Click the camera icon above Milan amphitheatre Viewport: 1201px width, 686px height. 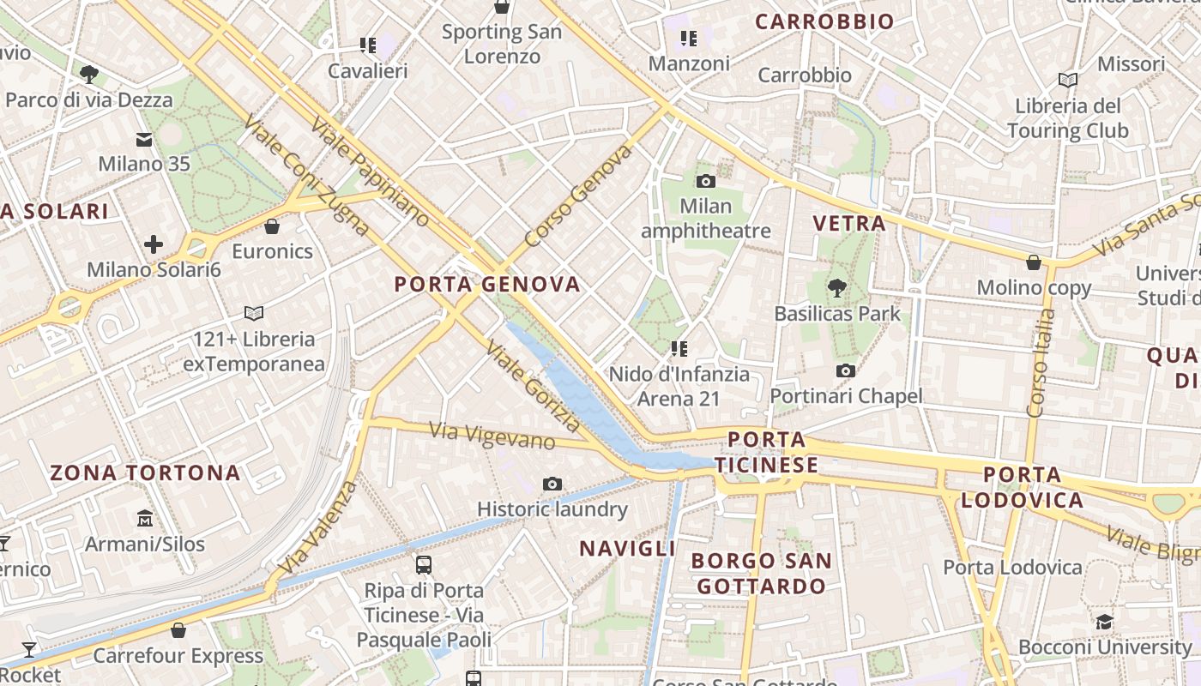click(706, 181)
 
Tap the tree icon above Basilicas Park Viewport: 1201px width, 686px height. click(837, 288)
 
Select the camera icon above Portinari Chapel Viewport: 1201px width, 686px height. click(846, 370)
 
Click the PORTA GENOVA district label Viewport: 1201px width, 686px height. click(487, 285)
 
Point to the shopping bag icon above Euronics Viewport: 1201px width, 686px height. click(272, 226)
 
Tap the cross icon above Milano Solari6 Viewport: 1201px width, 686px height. click(154, 245)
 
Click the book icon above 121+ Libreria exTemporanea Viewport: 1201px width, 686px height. click(254, 313)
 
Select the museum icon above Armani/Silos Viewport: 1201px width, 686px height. click(145, 519)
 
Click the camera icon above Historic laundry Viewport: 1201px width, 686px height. click(552, 484)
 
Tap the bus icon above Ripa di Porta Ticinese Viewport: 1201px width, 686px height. click(423, 565)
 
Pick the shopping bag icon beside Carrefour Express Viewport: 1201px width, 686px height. click(178, 631)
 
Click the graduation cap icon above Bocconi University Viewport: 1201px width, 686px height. click(1104, 622)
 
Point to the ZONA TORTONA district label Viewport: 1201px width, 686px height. click(145, 472)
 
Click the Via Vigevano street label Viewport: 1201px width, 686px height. click(492, 436)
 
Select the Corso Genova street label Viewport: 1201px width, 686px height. click(578, 196)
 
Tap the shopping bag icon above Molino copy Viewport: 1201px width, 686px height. click(1034, 262)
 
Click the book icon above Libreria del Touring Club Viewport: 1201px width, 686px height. click(1068, 81)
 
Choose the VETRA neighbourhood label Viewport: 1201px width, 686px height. click(849, 224)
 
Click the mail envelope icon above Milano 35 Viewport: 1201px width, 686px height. click(144, 139)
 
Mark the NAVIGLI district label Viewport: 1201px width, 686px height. click(628, 549)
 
